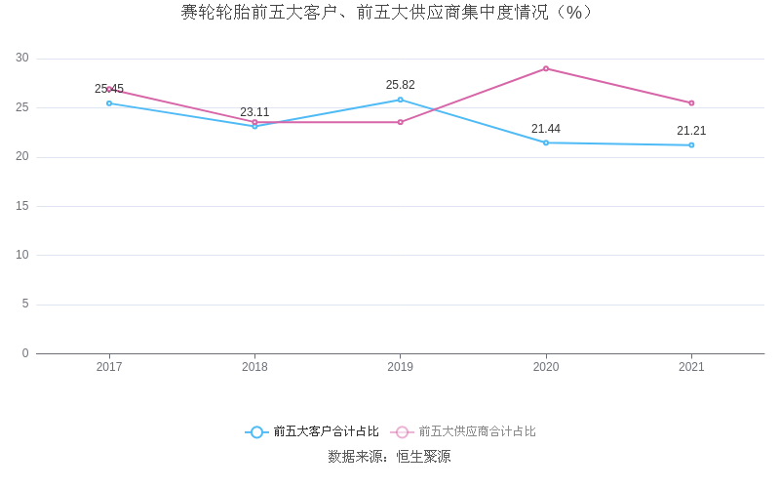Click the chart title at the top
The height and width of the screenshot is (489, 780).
(x=387, y=13)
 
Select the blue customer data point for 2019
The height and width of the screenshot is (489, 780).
(x=400, y=100)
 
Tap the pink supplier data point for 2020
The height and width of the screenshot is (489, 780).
(x=546, y=68)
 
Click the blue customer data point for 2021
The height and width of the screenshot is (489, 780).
(x=691, y=145)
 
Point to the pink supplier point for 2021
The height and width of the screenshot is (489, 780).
(x=691, y=102)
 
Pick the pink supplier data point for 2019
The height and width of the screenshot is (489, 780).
(x=400, y=122)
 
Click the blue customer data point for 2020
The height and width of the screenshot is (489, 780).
(x=546, y=143)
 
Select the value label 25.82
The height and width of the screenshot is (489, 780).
(x=400, y=85)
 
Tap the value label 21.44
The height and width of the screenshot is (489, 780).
(x=546, y=129)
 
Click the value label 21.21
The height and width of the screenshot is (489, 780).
(x=691, y=131)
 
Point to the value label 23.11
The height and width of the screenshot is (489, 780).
(x=254, y=112)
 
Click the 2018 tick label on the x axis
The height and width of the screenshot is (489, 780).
(x=254, y=368)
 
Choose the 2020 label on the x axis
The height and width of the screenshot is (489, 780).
(x=546, y=368)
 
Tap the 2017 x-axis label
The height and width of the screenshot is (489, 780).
(x=109, y=368)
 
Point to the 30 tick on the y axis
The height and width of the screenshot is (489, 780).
(x=22, y=59)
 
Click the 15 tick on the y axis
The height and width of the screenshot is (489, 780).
(x=22, y=206)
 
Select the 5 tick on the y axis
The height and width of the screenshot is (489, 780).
(x=25, y=305)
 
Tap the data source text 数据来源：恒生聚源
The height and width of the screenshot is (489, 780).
(x=389, y=457)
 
